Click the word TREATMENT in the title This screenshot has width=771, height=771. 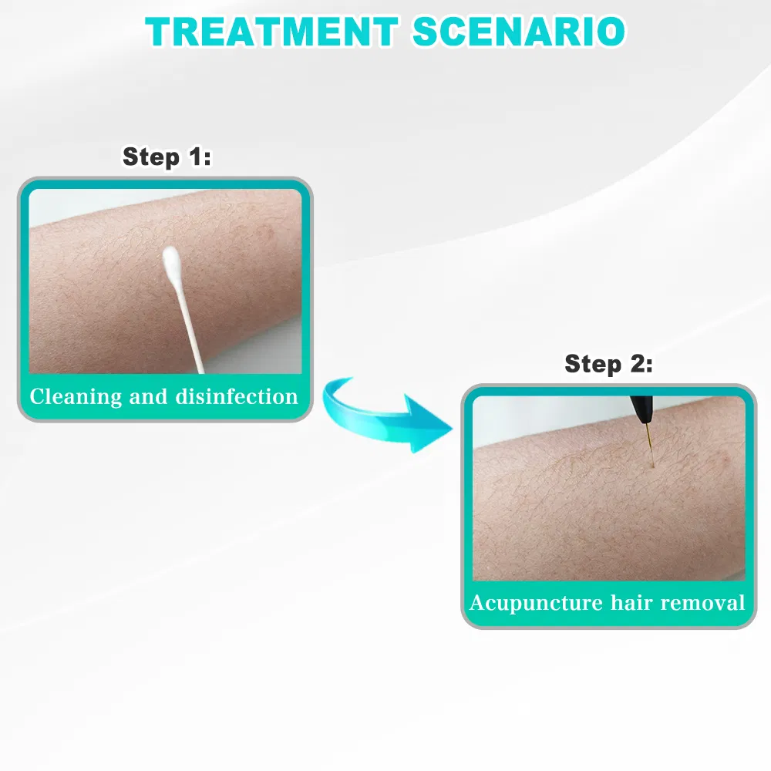click(x=271, y=32)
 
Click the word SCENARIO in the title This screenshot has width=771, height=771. click(x=518, y=32)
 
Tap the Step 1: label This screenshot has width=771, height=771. click(x=167, y=157)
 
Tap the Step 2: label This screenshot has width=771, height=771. click(x=608, y=363)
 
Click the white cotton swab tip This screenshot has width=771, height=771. click(x=170, y=262)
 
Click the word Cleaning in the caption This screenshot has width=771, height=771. click(x=76, y=397)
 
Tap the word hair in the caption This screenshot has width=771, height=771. click(x=631, y=602)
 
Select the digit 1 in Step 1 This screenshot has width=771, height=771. click(x=194, y=157)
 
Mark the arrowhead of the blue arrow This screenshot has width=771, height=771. click(x=429, y=426)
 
